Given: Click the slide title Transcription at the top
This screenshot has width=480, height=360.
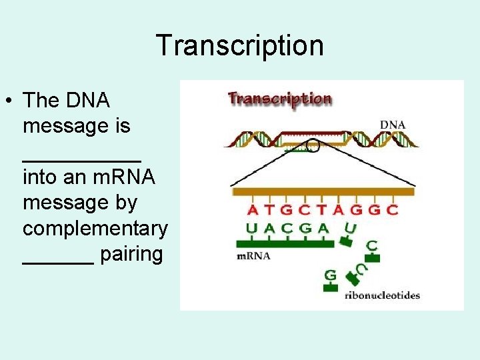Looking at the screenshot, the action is tap(240, 45).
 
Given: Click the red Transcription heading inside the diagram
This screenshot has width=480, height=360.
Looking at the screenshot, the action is tap(280, 99).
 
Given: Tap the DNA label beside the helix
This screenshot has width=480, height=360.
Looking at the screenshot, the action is tap(393, 124).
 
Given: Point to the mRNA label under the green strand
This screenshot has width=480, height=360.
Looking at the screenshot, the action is tap(254, 256).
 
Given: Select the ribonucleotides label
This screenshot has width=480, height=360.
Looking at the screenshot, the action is tap(382, 295).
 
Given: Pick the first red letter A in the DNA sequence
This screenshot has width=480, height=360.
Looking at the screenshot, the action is tap(253, 210).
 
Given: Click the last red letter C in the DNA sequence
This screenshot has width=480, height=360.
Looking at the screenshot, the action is tap(393, 210).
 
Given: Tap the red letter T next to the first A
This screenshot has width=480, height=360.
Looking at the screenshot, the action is tap(269, 210).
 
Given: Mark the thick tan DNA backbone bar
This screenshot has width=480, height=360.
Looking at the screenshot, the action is tap(323, 192).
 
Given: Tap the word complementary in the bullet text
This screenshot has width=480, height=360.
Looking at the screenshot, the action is tap(95, 228).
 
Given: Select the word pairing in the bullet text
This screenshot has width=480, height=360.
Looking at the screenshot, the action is tap(131, 254).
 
